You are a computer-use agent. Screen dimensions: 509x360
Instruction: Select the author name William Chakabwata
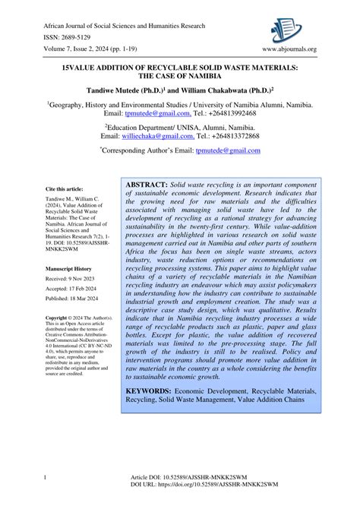tap(230, 87)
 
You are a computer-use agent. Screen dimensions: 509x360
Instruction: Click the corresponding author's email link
tap(228, 150)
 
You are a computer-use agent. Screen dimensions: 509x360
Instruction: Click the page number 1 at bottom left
tap(46, 498)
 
